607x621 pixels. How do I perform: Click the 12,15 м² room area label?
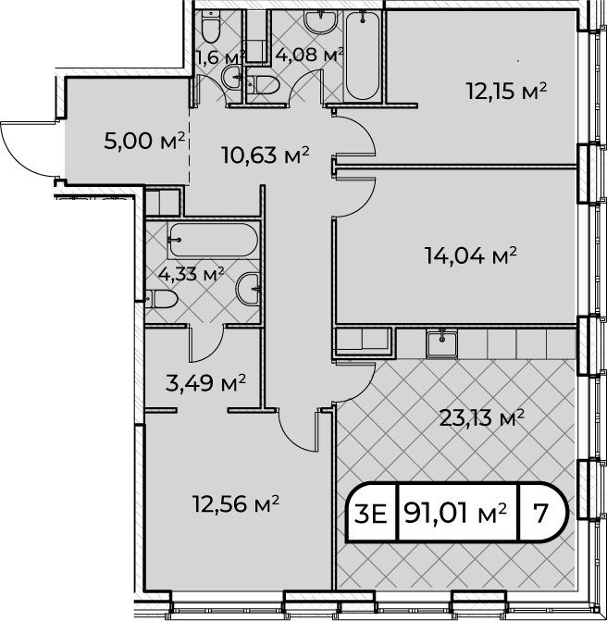click(x=506, y=91)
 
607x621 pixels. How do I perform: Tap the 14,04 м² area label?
click(x=471, y=255)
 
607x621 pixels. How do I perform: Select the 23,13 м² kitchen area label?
click(x=482, y=417)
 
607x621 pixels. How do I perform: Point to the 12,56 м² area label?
click(x=236, y=503)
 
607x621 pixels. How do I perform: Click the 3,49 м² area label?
click(x=205, y=383)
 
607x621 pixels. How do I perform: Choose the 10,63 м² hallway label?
click(x=266, y=155)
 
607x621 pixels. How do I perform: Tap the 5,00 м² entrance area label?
click(x=144, y=141)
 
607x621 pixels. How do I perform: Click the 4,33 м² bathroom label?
click(x=191, y=273)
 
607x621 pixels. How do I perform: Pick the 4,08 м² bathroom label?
click(x=309, y=55)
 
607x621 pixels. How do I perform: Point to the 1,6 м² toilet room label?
click(x=220, y=57)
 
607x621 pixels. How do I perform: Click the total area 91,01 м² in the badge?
click(x=455, y=514)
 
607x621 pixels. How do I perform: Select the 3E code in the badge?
click(x=371, y=514)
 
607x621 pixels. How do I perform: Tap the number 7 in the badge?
click(x=540, y=514)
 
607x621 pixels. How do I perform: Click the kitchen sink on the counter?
click(x=442, y=343)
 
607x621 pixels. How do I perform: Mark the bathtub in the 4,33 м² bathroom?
click(x=213, y=240)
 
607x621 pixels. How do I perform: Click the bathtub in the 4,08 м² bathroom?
click(x=363, y=56)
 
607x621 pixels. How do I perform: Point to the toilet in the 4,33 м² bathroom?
click(x=161, y=299)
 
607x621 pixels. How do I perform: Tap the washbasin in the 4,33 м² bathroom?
click(x=248, y=289)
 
